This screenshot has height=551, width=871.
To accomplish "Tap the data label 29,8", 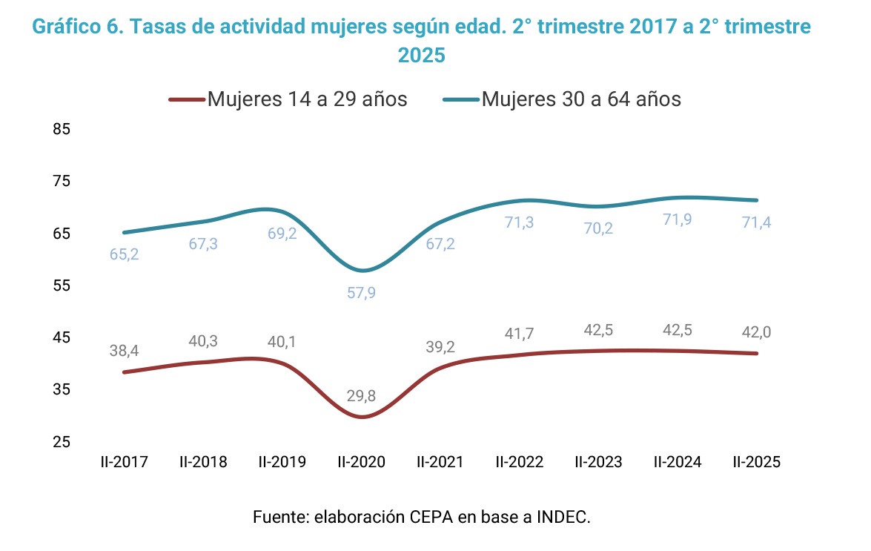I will [361, 396].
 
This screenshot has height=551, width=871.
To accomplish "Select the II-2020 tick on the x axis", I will [361, 462].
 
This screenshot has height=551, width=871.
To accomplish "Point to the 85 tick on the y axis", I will [62, 129].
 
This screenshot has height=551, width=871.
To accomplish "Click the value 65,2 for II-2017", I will [124, 254].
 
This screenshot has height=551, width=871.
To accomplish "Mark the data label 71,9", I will [678, 220].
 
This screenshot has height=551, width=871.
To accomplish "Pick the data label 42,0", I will [757, 332].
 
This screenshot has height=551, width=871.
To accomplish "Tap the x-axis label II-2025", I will [757, 462].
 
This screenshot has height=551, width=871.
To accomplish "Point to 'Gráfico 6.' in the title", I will [77, 27].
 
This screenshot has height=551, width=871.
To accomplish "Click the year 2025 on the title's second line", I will [421, 56].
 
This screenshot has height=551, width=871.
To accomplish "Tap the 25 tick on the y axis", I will [62, 442].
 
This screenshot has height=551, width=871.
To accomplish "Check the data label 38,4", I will [124, 351].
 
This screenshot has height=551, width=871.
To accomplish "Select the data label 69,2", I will [282, 234].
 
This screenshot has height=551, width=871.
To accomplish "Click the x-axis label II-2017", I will [124, 462].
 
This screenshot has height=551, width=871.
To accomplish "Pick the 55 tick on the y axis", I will [62, 286].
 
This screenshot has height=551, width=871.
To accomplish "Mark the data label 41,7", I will [519, 334].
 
